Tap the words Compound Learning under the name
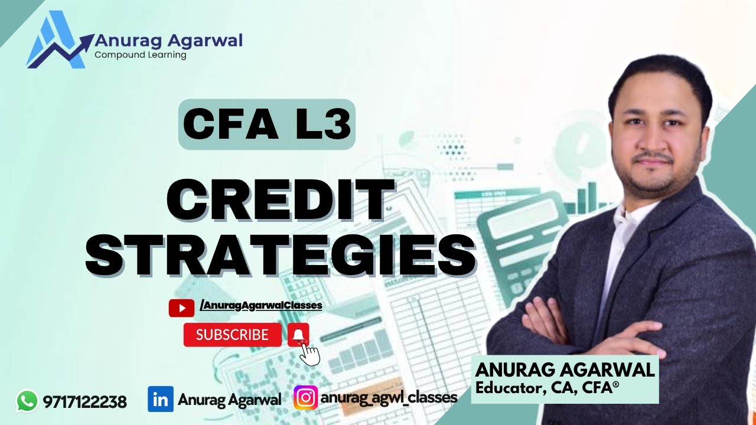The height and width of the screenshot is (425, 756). (x=140, y=55)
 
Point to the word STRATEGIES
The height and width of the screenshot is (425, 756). (x=281, y=254)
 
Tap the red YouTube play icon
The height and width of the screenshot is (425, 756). (x=181, y=308)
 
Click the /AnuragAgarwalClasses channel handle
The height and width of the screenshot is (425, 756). (x=260, y=305)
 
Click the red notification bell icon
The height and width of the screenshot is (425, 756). (x=299, y=335)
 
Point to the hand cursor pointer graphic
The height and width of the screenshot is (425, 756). (x=310, y=354)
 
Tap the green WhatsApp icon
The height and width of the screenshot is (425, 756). (x=27, y=401)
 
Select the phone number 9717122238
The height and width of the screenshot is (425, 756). (x=84, y=402)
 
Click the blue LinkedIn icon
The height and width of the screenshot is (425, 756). (x=160, y=399)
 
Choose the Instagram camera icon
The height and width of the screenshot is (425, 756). (x=305, y=398)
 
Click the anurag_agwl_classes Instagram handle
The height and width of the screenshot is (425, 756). (x=389, y=397)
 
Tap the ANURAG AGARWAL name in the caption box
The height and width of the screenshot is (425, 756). (x=565, y=370)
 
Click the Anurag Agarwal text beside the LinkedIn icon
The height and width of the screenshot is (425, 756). (x=229, y=400)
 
